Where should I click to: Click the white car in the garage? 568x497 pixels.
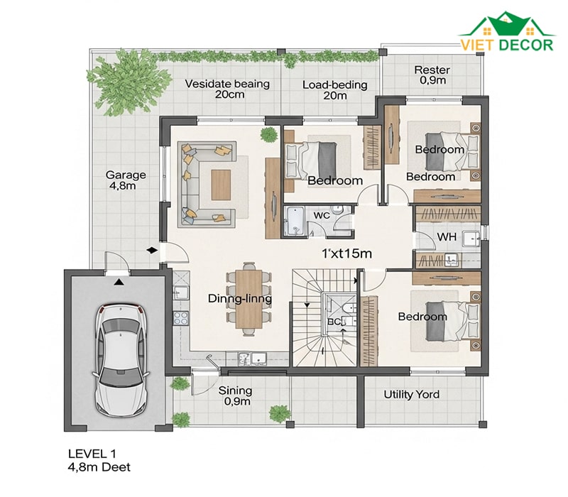coord(121,360)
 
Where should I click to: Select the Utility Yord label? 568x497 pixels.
coord(412,394)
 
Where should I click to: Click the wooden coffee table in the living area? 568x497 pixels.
coord(221,185)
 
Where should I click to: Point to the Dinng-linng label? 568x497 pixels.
coord(240,298)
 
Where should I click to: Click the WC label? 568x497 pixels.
coord(322,215)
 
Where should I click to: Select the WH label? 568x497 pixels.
coord(447,237)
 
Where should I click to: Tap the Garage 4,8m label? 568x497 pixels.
coord(126,180)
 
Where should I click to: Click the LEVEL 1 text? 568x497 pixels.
coord(92,453)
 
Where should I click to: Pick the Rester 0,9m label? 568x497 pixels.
coord(432,75)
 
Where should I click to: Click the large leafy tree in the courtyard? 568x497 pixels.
coord(128,82)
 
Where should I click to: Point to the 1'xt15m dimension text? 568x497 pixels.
coord(346,253)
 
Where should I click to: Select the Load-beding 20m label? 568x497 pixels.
coord(335,90)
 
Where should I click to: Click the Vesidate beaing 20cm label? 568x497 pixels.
coord(227,89)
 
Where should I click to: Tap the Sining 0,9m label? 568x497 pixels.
coord(236,395)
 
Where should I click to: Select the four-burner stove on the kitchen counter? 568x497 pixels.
coord(181,318)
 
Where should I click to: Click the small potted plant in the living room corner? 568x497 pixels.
coord(268,135)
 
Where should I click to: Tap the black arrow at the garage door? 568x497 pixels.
coord(118,281)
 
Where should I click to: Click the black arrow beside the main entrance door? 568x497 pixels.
coord(152,250)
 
